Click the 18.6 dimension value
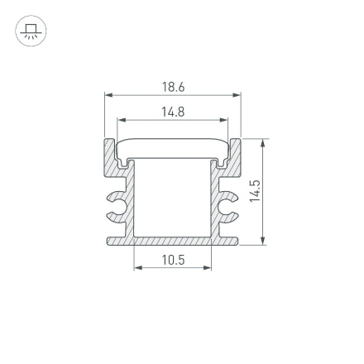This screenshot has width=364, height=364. pos(173,88)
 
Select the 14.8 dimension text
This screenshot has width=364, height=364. pos(173,111)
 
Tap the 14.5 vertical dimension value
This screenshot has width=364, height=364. pos(256,192)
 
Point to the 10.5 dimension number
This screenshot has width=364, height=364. pos(173,260)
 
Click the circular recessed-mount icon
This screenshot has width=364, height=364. pos(31,31)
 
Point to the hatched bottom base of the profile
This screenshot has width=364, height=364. pos(173,241)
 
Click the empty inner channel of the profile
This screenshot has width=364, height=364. pos(173,199)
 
